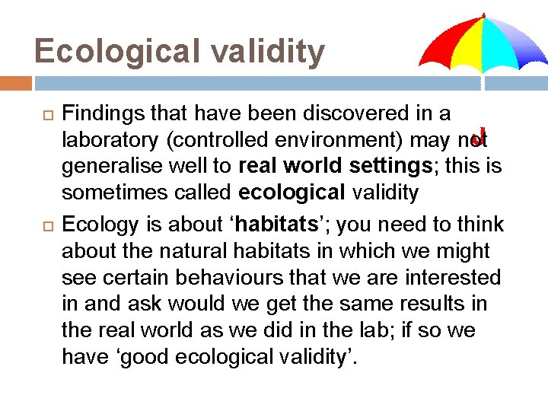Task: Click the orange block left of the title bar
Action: pyautogui.click(x=15, y=82)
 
